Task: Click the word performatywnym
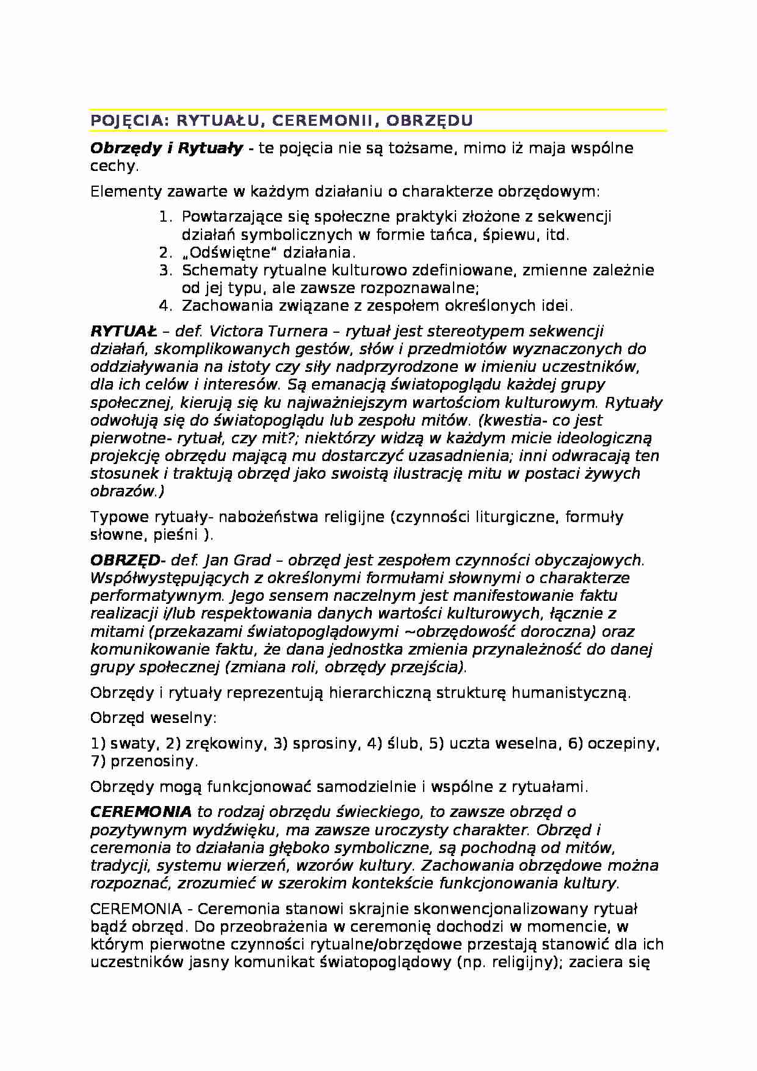(x=153, y=596)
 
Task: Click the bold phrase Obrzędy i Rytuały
(x=167, y=148)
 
